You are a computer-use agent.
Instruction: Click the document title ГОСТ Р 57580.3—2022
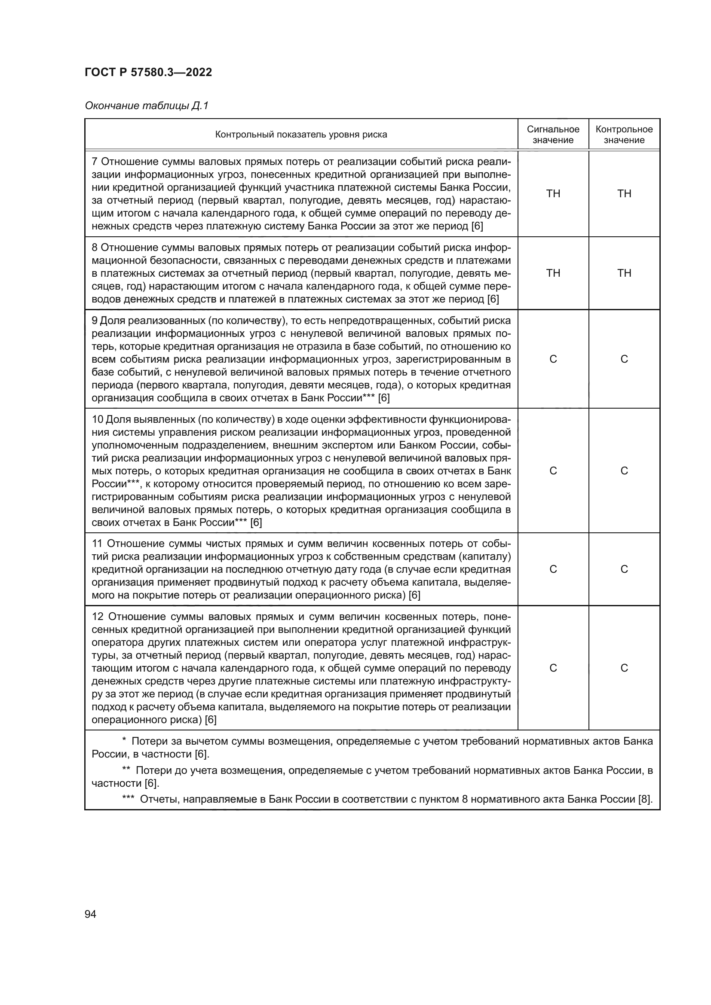[x=148, y=72]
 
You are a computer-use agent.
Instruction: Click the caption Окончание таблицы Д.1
[x=147, y=106]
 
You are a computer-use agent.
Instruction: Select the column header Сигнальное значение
[x=553, y=134]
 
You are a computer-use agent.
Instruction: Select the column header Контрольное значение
[x=624, y=134]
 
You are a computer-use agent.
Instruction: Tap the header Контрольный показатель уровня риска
[x=301, y=134]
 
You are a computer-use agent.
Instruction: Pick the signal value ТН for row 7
[x=553, y=194]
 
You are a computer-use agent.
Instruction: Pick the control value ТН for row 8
[x=624, y=273]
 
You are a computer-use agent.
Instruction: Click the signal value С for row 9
[x=553, y=359]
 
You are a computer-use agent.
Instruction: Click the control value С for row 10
[x=624, y=470]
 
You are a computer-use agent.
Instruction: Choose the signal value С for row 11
[x=553, y=569]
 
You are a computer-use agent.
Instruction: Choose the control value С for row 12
[x=624, y=668]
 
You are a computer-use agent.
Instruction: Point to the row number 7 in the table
[x=95, y=162]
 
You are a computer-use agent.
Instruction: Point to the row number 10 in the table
[x=97, y=419]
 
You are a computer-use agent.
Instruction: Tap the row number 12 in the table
[x=98, y=617]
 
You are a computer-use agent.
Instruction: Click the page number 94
[x=90, y=914]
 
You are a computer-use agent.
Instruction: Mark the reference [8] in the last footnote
[x=645, y=799]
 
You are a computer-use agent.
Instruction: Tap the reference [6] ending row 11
[x=414, y=595]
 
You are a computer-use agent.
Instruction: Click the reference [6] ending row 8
[x=493, y=299]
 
